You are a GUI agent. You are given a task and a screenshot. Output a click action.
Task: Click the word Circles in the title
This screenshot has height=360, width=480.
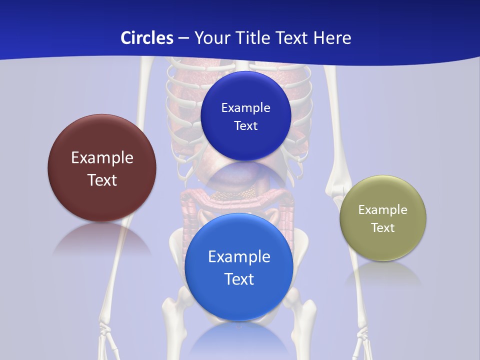pos(146,38)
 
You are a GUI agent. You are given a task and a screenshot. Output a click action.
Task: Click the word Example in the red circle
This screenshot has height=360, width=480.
pos(102,158)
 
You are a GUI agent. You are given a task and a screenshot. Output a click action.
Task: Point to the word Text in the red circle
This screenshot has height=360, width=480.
pos(102,180)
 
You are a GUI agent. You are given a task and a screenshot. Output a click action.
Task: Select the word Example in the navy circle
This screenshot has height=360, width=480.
pos(245,108)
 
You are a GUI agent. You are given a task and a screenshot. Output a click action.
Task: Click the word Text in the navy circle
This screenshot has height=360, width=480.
pos(245,126)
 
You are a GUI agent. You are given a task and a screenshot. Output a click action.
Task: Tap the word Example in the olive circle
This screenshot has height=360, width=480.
pos(383,210)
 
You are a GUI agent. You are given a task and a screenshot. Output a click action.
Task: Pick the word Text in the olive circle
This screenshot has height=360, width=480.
pos(383,228)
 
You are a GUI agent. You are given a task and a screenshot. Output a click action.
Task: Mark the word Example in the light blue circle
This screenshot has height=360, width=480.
pos(239,257)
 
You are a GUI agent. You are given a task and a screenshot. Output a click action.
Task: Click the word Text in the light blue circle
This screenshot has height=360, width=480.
pos(239,279)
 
